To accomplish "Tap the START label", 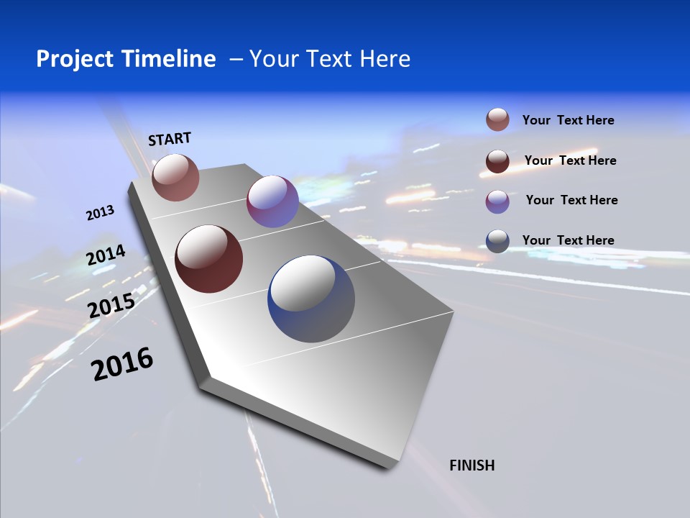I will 170,139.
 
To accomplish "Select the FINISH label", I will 472,465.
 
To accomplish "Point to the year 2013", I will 101,213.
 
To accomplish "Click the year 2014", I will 106,256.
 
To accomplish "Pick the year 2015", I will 111,306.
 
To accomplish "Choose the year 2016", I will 122,364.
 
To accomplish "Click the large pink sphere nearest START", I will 175,177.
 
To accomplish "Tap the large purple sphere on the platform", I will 272,201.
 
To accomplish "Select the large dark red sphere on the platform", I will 209,259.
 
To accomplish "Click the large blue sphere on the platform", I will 311,299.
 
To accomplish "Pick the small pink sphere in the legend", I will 497,120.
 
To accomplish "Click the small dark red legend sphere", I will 497,161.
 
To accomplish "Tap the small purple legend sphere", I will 497,201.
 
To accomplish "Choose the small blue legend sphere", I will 497,242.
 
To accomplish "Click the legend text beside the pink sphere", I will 568,121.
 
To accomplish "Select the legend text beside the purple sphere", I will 571,200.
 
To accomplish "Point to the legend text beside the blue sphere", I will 568,240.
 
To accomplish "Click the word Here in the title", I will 385,59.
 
